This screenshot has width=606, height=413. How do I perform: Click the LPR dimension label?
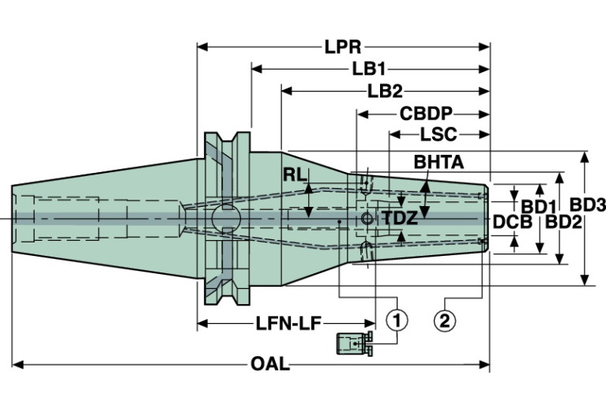pyautogui.click(x=343, y=47)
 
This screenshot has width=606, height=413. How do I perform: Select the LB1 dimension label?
pyautogui.click(x=368, y=69)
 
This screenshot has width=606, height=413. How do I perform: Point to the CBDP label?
pyautogui.click(x=425, y=114)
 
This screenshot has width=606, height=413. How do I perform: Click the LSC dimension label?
pyautogui.click(x=440, y=134)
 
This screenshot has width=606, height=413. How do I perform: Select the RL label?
pyautogui.click(x=295, y=175)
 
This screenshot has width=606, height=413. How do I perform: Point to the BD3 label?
pyautogui.click(x=588, y=205)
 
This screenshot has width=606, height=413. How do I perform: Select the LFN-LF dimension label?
pyautogui.click(x=288, y=322)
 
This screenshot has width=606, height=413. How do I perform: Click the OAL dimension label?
pyautogui.click(x=269, y=365)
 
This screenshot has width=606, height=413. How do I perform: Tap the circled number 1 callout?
pyautogui.click(x=397, y=319)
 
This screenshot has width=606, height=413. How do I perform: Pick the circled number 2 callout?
pyautogui.click(x=445, y=319)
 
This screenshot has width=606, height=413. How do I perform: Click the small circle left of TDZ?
pyautogui.click(x=366, y=218)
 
